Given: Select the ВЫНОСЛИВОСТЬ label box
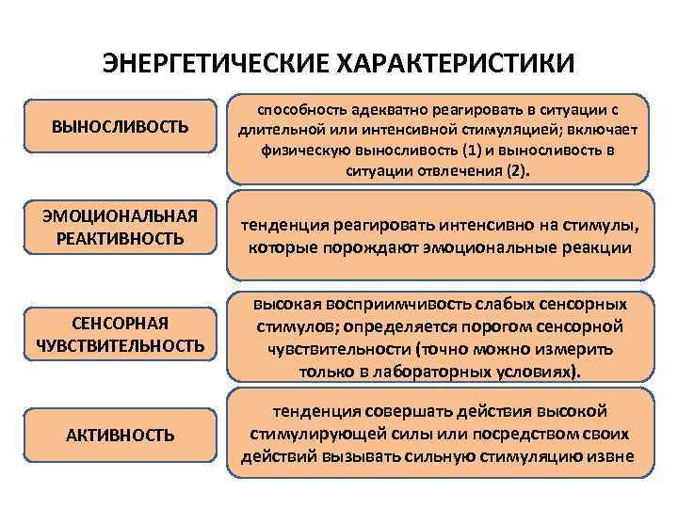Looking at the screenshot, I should tap(121, 126).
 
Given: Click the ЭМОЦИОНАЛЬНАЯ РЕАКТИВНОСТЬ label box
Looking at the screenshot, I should tap(121, 229).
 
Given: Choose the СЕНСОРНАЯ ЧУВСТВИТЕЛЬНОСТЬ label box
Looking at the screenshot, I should tap(121, 335).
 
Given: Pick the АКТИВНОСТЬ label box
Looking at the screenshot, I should tap(121, 435).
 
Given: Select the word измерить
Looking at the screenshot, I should tap(565, 349).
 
